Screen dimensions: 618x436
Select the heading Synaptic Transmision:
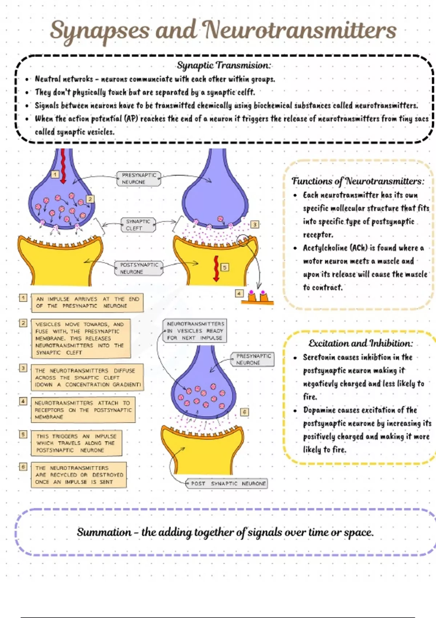224,65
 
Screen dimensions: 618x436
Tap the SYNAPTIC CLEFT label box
138,225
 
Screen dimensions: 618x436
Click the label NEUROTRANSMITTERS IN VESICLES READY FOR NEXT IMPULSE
195,331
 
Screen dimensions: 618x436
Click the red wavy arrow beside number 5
216,268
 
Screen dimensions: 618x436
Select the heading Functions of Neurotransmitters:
358,181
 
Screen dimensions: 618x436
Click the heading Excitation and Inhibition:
360,343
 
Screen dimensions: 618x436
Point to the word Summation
104,532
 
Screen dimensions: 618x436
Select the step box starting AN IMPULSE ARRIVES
87,302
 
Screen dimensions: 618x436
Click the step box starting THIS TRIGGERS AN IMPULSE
76,443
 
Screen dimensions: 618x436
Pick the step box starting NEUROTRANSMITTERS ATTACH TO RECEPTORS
83,410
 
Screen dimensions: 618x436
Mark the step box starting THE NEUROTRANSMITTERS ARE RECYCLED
78,475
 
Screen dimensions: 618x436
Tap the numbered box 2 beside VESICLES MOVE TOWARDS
23,323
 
